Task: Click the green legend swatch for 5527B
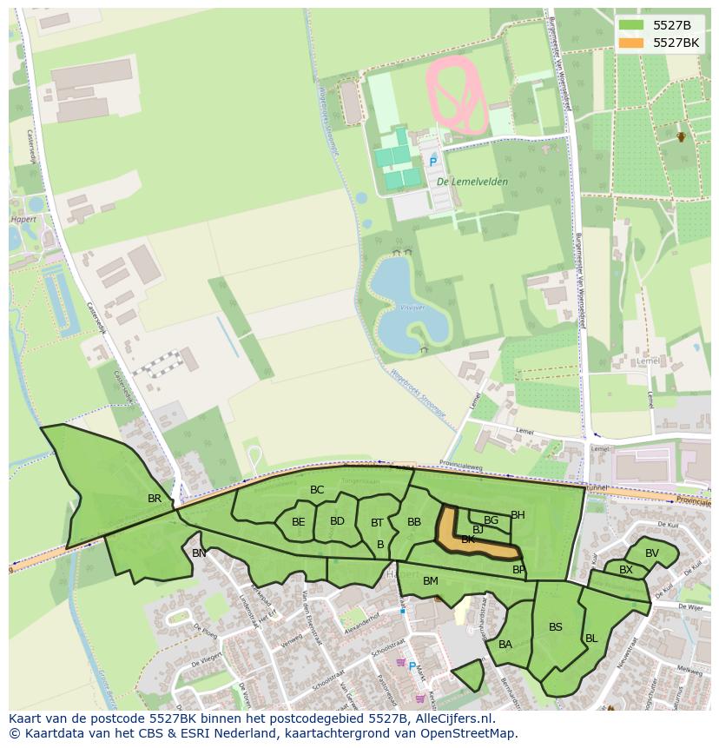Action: (x=631, y=25)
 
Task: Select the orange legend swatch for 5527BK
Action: (x=631, y=43)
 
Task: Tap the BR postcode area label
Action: (x=155, y=499)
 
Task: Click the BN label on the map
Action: (x=200, y=553)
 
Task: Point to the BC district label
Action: (x=317, y=490)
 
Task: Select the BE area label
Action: (x=298, y=522)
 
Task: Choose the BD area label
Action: (x=337, y=521)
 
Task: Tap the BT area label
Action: (x=377, y=523)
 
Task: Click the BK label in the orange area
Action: (x=468, y=539)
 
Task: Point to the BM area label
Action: (x=431, y=580)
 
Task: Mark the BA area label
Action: (x=505, y=645)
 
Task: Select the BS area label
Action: (x=556, y=627)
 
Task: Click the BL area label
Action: (x=591, y=639)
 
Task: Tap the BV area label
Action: (x=652, y=553)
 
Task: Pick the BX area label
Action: (x=625, y=570)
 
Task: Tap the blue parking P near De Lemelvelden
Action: (x=432, y=162)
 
